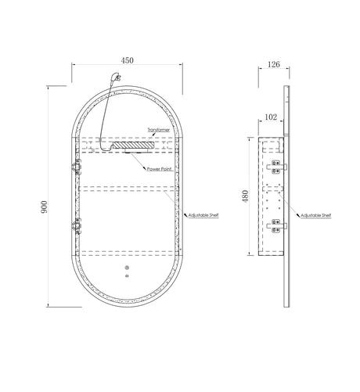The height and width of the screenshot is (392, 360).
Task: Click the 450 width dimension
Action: (127, 60)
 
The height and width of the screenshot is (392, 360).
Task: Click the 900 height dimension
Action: (44, 207)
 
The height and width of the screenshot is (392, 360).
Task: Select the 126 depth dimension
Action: (274, 64)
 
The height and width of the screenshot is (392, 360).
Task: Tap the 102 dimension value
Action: (271, 117)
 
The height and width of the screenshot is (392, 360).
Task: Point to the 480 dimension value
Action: (245, 196)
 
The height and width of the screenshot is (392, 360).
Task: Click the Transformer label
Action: (159, 130)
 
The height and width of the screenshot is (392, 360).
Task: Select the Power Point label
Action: (160, 169)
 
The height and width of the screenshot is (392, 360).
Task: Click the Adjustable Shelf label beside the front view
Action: (203, 215)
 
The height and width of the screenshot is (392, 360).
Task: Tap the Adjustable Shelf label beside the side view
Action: (316, 216)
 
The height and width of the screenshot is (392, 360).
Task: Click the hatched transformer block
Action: (134, 145)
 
